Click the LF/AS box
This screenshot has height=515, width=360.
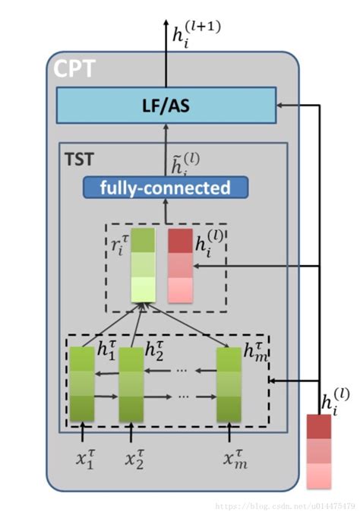(x=166, y=105)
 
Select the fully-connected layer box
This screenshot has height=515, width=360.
(x=166, y=187)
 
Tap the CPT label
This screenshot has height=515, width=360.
(x=74, y=70)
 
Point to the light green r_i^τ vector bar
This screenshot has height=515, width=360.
(x=142, y=266)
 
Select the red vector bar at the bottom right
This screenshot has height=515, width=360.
(x=319, y=452)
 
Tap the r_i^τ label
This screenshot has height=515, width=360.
(x=120, y=245)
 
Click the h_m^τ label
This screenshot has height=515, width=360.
(x=254, y=351)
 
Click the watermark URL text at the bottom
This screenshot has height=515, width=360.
(x=288, y=504)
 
